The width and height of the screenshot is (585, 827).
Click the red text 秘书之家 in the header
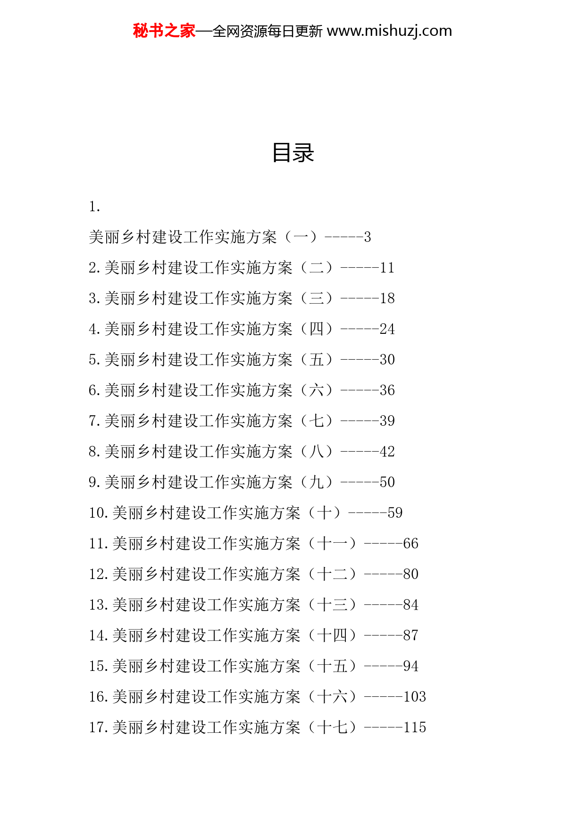(x=164, y=31)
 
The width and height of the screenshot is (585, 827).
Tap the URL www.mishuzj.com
(x=389, y=31)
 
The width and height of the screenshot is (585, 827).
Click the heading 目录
(x=293, y=153)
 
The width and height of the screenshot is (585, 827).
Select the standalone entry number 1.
(x=94, y=207)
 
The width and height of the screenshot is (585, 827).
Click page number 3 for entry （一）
(x=368, y=237)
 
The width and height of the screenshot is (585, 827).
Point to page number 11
(x=387, y=268)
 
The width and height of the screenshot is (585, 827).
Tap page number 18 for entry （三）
(x=387, y=298)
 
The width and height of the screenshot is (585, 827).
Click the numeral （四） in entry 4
(x=316, y=329)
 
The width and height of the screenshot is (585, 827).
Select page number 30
(x=387, y=360)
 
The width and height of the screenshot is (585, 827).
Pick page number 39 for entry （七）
(x=387, y=421)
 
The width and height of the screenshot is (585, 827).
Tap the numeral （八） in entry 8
(x=316, y=452)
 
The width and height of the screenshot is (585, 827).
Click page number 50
(x=387, y=482)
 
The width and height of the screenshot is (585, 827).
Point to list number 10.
(x=99, y=513)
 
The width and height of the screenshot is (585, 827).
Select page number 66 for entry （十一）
(x=410, y=544)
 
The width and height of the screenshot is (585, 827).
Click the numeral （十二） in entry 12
(x=332, y=574)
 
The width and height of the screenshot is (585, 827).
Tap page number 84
(x=410, y=605)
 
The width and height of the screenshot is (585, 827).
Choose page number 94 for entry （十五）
(x=410, y=666)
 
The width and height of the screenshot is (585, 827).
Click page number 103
(x=414, y=697)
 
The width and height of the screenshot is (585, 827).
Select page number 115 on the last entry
(x=414, y=728)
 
